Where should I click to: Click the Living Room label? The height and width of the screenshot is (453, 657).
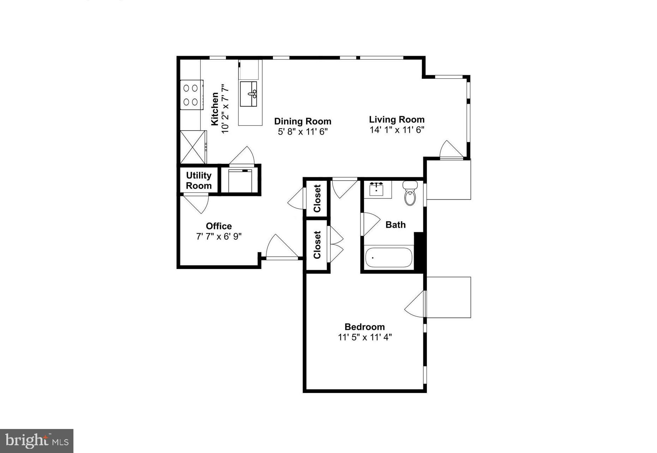coord(396,119)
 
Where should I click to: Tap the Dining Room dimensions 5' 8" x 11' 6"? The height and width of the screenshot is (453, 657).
coord(303,132)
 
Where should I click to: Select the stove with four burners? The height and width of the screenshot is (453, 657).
coord(191,95)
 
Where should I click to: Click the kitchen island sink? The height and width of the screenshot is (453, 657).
coord(249,94)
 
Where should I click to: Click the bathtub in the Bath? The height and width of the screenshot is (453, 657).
coord(388,258)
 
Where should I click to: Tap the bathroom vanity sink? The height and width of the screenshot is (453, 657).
coord(377,189)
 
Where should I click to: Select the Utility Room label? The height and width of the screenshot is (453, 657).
coord(199,180)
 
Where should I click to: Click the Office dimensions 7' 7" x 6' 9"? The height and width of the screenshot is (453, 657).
coord(219,236)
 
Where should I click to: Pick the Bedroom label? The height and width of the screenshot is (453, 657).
coord(364,327)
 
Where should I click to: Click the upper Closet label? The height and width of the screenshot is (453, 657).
coord(317,198)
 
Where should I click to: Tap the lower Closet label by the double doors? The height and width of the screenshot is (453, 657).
coord(317,245)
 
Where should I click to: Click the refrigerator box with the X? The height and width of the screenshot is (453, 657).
coord(193,147)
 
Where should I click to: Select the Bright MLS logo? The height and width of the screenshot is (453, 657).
coord(37,441)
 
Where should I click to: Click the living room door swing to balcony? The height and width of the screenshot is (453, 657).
coord(449,150)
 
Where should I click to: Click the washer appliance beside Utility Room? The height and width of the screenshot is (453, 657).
coord(240,181)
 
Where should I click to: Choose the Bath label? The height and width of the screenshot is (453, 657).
coord(395,225)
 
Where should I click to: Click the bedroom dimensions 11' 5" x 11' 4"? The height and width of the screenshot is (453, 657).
coord(365,337)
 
